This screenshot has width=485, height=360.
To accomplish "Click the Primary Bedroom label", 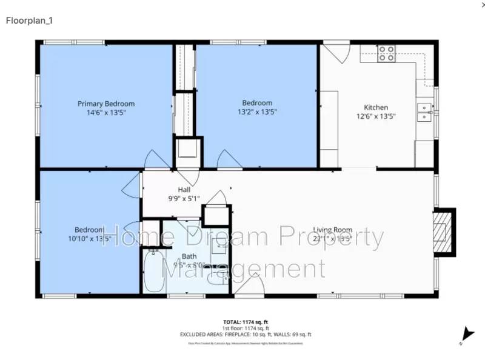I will pyautogui.click(x=106, y=104).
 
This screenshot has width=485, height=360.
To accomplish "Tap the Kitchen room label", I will pyautogui.click(x=375, y=107).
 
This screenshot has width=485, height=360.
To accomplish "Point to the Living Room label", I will pyautogui.click(x=332, y=230).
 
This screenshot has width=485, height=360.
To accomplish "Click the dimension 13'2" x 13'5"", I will pyautogui.click(x=257, y=112).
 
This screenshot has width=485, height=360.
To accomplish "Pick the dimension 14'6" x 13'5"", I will pyautogui.click(x=106, y=112).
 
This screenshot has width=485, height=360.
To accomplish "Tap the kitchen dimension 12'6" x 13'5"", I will pyautogui.click(x=375, y=116).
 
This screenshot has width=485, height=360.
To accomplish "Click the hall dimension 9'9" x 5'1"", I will pyautogui.click(x=184, y=198).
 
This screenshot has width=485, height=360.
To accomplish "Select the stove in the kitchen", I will pyautogui.click(x=386, y=54).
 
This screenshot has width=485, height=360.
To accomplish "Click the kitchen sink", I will pyautogui.click(x=424, y=113).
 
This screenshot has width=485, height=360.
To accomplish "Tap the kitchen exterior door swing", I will pyautogui.click(x=335, y=52).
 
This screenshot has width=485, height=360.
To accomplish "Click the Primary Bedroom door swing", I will pyautogui.click(x=158, y=159).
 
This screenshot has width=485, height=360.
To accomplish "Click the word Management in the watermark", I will pyautogui.click(x=242, y=267).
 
